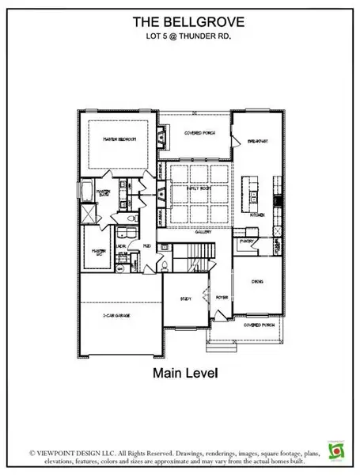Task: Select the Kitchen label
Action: (256, 215)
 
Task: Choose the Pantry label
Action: (247, 240)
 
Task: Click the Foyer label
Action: (222, 298)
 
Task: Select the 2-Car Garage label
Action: (116, 315)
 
